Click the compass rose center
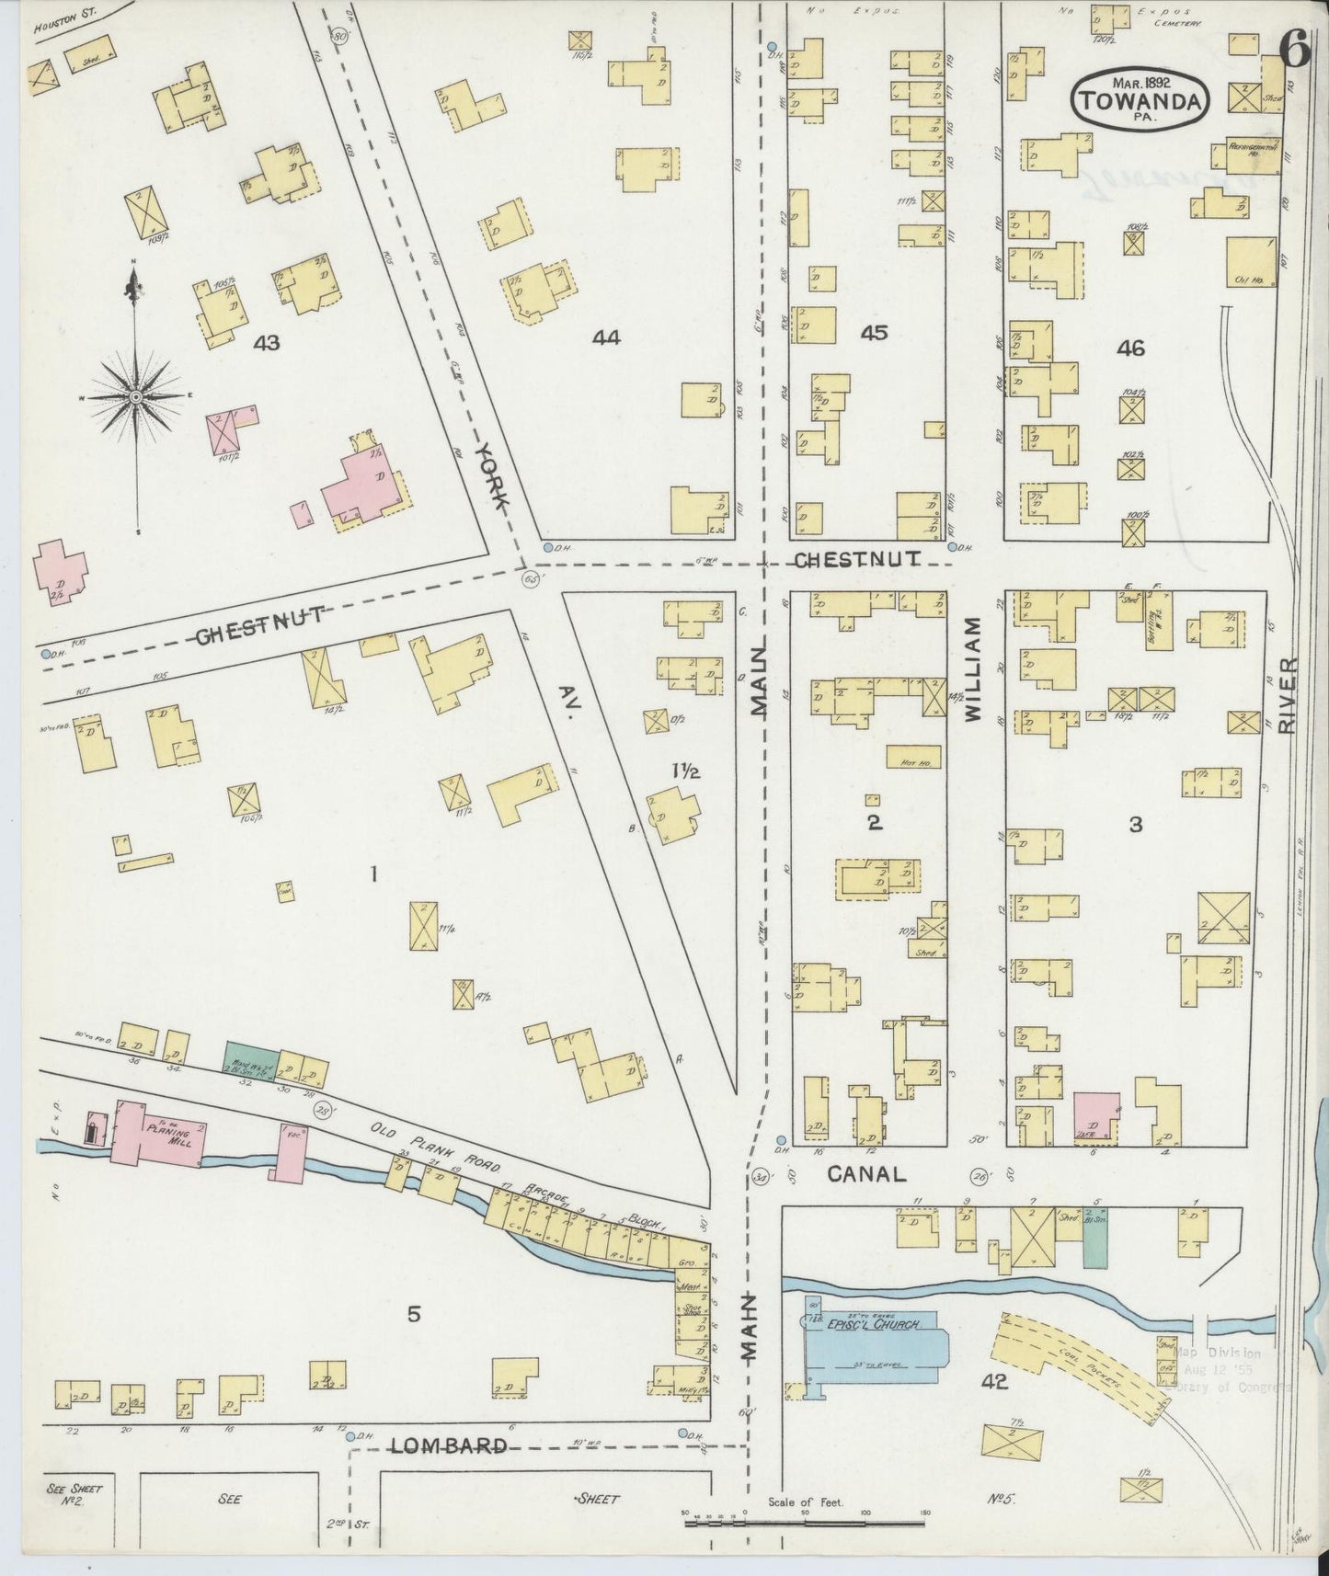(x=135, y=396)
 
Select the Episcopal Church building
(x=874, y=1349)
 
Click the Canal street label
(x=866, y=1173)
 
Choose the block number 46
(x=1130, y=348)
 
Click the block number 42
(x=994, y=1381)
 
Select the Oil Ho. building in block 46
(x=1250, y=262)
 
